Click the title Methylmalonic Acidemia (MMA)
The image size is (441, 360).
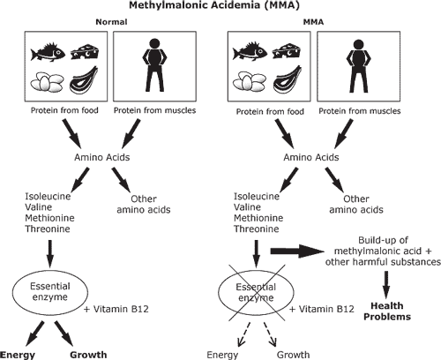click(x=214, y=5)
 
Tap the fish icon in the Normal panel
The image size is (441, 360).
click(x=48, y=52)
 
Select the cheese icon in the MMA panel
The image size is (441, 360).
click(x=287, y=52)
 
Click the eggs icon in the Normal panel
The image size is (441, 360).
click(x=47, y=82)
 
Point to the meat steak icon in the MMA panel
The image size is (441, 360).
click(x=287, y=79)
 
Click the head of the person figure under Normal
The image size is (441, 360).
click(x=154, y=44)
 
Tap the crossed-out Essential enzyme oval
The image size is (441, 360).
click(x=256, y=292)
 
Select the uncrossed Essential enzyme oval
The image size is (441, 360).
click(x=50, y=291)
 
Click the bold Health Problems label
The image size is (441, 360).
click(x=387, y=311)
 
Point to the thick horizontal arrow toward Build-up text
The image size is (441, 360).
click(x=297, y=251)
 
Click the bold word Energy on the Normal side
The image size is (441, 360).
click(x=18, y=355)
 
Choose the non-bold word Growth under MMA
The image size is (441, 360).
click(x=293, y=355)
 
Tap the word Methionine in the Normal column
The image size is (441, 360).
click(x=49, y=218)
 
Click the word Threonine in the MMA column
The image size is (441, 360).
click(x=257, y=229)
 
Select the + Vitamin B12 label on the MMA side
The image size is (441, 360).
click(x=322, y=309)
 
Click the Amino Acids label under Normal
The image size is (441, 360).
click(x=102, y=157)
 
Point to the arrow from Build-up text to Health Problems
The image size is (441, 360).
click(x=386, y=285)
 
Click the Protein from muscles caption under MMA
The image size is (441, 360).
click(x=360, y=111)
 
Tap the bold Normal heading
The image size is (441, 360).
click(x=111, y=22)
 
